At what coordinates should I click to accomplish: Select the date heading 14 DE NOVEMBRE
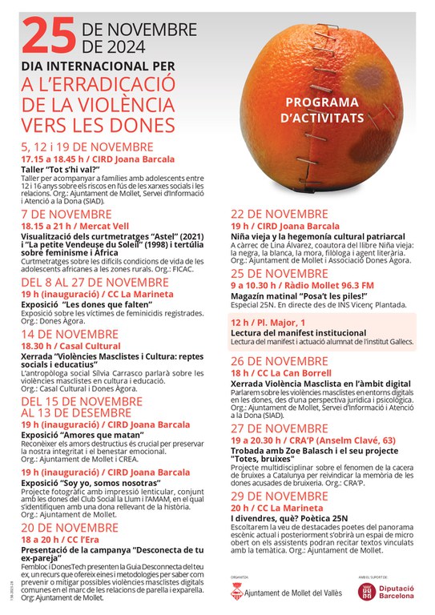click(70, 334)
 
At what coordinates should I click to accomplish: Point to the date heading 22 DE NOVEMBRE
click(279, 214)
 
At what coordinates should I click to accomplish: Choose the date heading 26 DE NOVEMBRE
click(279, 360)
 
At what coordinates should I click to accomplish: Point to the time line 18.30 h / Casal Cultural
click(70, 347)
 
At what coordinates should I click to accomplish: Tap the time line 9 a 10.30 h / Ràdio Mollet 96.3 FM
click(302, 286)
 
